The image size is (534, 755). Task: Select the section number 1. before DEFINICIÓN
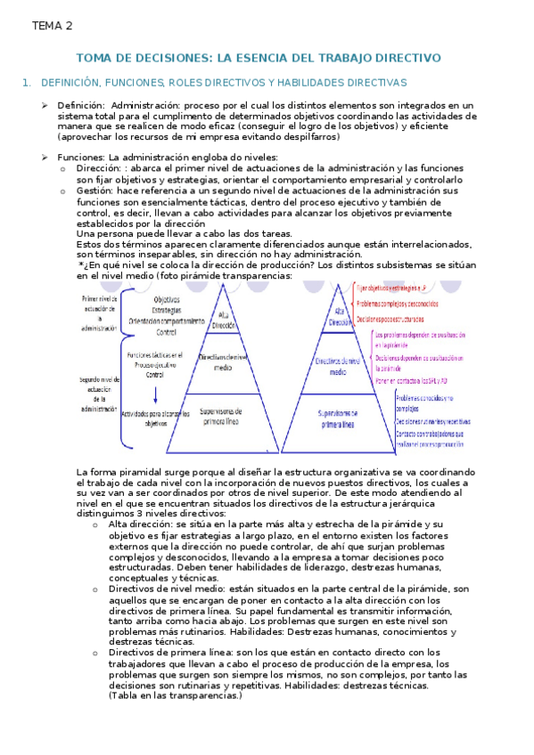[x=27, y=83]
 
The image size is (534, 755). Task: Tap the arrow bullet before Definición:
[x=45, y=105]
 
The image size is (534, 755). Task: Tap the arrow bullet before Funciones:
[x=45, y=158]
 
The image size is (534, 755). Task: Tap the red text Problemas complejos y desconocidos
[x=402, y=304]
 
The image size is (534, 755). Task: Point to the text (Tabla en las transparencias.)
[x=175, y=695]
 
